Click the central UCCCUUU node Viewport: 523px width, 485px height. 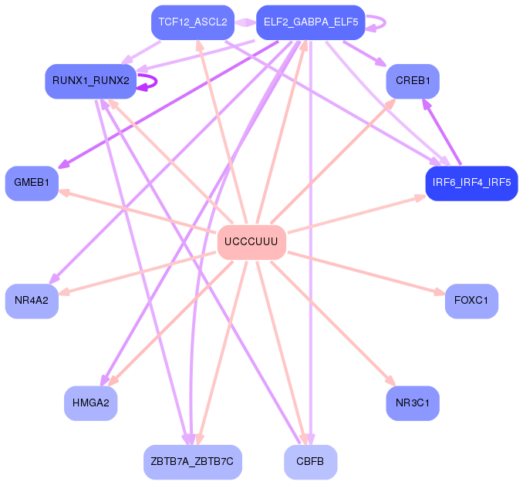tap(251, 242)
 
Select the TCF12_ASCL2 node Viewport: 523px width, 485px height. tap(192, 22)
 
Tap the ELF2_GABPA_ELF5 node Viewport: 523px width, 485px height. tap(310, 22)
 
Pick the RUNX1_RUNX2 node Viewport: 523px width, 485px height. tap(90, 80)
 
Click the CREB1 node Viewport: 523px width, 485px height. tap(413, 80)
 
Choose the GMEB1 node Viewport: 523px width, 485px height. tap(32, 183)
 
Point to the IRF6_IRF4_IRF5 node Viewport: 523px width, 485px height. tap(471, 183)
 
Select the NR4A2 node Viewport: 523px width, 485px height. tap(32, 301)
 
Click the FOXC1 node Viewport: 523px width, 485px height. tap(471, 301)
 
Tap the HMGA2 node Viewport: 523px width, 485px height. tap(90, 402)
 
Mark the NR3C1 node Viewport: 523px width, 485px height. tap(413, 402)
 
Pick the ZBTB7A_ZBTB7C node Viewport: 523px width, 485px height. tap(193, 462)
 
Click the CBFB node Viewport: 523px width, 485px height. tap(310, 462)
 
